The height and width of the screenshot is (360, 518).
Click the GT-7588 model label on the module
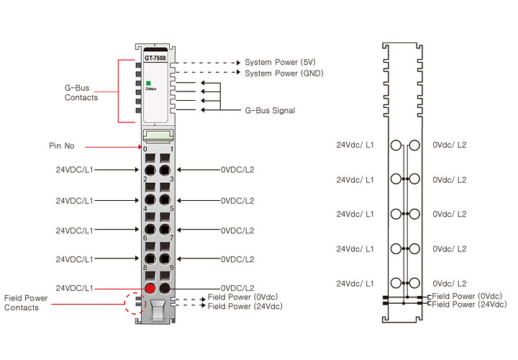[155, 58]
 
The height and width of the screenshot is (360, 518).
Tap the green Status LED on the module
[149, 84]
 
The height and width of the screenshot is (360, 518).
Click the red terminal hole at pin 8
[150, 288]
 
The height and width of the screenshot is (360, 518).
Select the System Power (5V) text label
[280, 62]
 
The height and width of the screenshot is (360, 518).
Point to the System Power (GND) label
[284, 73]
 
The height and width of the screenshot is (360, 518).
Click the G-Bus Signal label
[270, 110]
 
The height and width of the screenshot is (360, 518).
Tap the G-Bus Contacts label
[81, 93]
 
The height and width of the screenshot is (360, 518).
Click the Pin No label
[62, 145]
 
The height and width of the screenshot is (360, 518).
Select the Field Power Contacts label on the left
[26, 303]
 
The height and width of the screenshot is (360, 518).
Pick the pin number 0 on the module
[145, 149]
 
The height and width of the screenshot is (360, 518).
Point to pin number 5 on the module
[172, 209]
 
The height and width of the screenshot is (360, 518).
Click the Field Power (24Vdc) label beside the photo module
[245, 307]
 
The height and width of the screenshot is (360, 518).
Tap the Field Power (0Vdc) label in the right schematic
[467, 296]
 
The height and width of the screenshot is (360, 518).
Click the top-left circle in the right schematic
[396, 145]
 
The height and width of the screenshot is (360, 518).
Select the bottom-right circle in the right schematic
[414, 283]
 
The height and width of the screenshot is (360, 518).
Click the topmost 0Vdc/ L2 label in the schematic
[450, 145]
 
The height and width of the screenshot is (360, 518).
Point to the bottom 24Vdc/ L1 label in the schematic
[355, 284]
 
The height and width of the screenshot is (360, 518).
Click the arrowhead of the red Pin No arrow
[140, 147]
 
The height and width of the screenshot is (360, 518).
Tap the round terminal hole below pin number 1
[165, 170]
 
